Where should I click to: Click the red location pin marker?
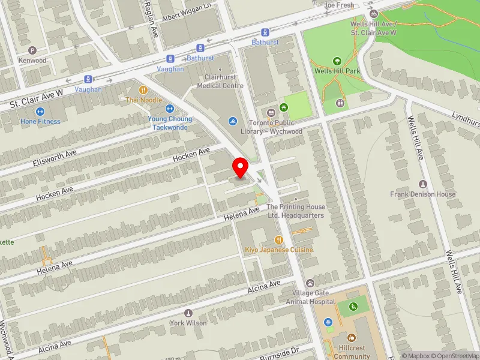[x=241, y=167]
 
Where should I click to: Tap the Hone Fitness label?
[x=40, y=121]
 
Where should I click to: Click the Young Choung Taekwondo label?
[x=170, y=122]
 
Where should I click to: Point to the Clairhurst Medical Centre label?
[x=220, y=82]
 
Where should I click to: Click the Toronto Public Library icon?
[x=270, y=112]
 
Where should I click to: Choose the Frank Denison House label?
[x=422, y=194]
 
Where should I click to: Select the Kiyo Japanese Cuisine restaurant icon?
[x=279, y=239]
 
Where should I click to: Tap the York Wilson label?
[x=188, y=323]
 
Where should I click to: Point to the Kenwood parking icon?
[x=32, y=50]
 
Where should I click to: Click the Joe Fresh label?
[x=339, y=5]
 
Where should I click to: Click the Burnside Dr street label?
[x=278, y=354]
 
